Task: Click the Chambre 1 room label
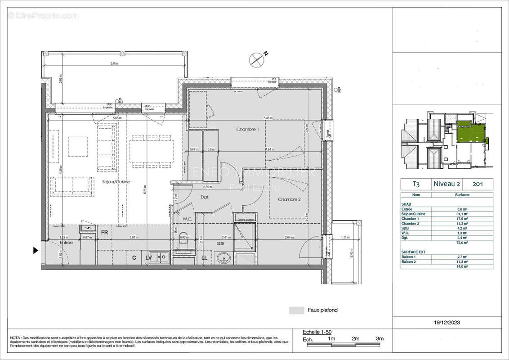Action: point(248,129)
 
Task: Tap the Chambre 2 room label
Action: point(289,199)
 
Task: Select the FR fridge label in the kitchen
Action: point(104,233)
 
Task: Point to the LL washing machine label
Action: point(205,257)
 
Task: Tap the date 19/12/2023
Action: point(447,322)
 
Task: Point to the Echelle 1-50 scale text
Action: point(317,332)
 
